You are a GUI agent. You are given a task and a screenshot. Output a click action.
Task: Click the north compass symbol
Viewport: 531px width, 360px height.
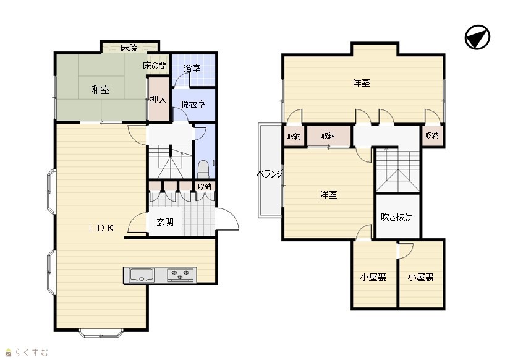tap(477, 37)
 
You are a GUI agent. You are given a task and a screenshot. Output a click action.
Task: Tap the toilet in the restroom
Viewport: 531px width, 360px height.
tap(203, 169)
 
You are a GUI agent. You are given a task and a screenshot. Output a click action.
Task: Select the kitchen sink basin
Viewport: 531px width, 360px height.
tap(142, 275)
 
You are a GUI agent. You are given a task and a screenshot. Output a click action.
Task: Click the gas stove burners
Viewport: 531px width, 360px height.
tap(181, 274)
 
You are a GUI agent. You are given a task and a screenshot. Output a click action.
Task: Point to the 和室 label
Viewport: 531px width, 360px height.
tap(101, 90)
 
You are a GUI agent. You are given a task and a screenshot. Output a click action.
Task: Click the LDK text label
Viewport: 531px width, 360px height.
tap(101, 228)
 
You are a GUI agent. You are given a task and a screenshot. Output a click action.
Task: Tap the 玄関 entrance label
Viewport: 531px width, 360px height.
tap(165, 222)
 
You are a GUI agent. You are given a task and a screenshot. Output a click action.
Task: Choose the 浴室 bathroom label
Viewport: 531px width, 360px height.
tap(192, 69)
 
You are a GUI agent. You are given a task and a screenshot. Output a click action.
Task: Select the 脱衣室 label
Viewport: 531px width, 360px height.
tap(192, 105)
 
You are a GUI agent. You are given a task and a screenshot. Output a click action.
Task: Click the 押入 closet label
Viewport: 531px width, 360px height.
tap(158, 100)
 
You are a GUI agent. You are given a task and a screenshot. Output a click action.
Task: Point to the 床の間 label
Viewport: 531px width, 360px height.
tap(155, 66)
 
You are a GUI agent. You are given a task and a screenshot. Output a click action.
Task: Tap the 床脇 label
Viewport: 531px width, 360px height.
tap(129, 48)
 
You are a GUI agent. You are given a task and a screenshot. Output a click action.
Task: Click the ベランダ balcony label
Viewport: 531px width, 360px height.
tap(270, 174)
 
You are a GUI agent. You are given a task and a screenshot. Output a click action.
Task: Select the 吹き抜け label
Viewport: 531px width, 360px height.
tap(397, 216)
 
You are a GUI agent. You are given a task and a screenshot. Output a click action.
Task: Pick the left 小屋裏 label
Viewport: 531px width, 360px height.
tap(373, 277)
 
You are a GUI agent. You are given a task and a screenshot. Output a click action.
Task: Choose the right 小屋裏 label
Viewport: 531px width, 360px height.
tap(420, 277)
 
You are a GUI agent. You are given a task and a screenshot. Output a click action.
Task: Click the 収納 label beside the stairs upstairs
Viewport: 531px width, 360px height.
tap(431, 135)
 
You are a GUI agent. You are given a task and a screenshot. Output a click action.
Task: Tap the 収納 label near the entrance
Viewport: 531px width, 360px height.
tap(205, 186)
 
